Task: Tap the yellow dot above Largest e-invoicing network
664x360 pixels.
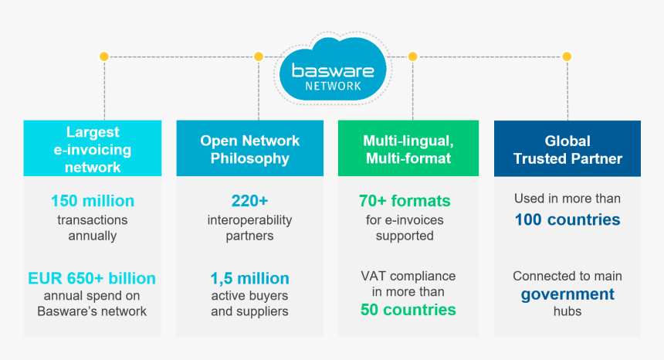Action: (x=103, y=56)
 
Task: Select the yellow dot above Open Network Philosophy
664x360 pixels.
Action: (x=258, y=56)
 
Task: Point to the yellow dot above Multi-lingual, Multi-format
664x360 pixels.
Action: (x=412, y=56)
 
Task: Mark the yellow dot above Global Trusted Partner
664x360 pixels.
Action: (x=567, y=56)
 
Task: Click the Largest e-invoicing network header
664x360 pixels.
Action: (x=93, y=149)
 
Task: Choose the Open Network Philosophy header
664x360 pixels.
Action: (x=249, y=149)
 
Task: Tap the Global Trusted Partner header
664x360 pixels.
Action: (x=567, y=149)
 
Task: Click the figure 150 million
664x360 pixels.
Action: (x=93, y=201)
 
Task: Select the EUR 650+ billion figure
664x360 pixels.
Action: (x=92, y=278)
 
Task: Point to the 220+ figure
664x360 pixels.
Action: (x=249, y=201)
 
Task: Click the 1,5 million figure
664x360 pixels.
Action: (x=249, y=278)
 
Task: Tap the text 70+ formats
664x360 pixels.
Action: (x=405, y=201)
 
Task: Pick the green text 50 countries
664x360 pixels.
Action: (x=408, y=310)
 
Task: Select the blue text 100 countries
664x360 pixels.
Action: (x=567, y=219)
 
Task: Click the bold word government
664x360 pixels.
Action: (x=567, y=294)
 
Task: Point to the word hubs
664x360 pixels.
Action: (x=567, y=311)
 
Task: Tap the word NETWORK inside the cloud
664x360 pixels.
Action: (x=333, y=86)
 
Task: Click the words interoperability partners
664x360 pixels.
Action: (x=249, y=228)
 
